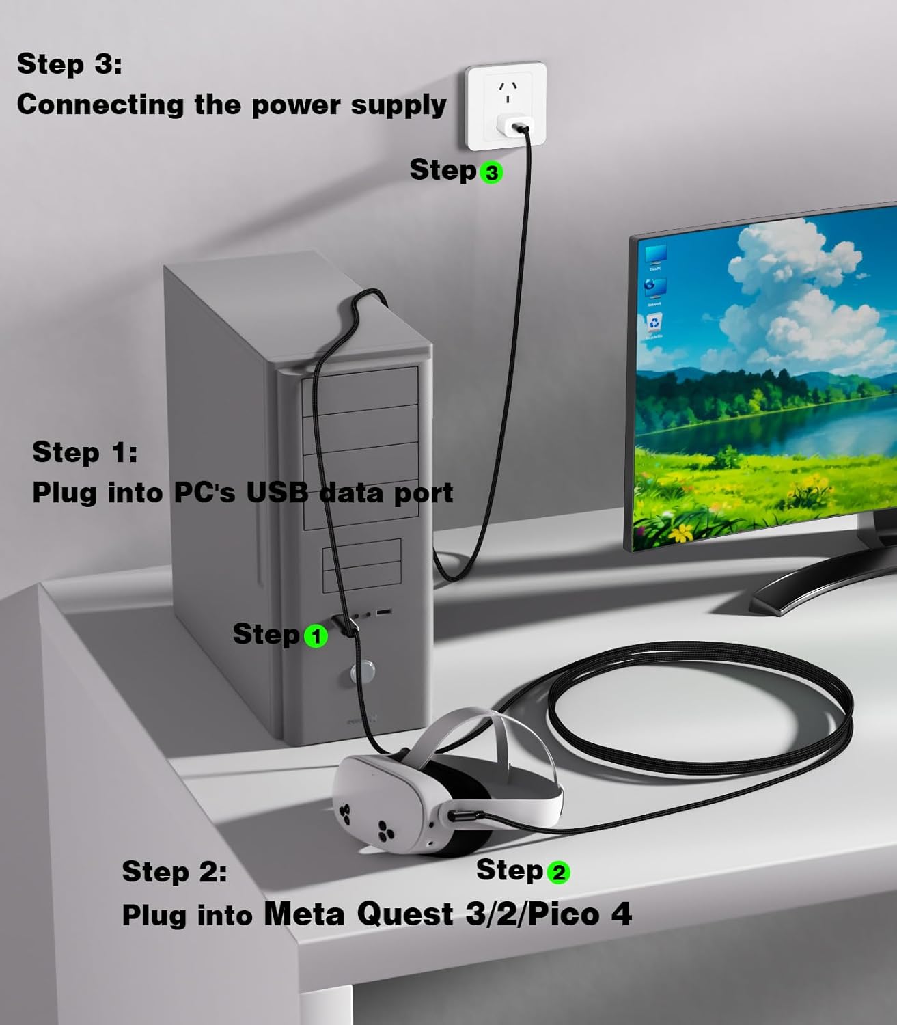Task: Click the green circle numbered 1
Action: pos(316,636)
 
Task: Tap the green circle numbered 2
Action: pos(558,872)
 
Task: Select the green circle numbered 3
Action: pos(491,172)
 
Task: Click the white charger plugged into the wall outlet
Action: pos(514,127)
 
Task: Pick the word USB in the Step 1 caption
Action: pos(277,493)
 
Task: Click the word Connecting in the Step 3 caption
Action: pos(100,105)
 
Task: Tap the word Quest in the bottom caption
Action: pos(405,914)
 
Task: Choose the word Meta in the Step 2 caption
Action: pos(304,914)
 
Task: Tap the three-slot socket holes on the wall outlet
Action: pos(508,90)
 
